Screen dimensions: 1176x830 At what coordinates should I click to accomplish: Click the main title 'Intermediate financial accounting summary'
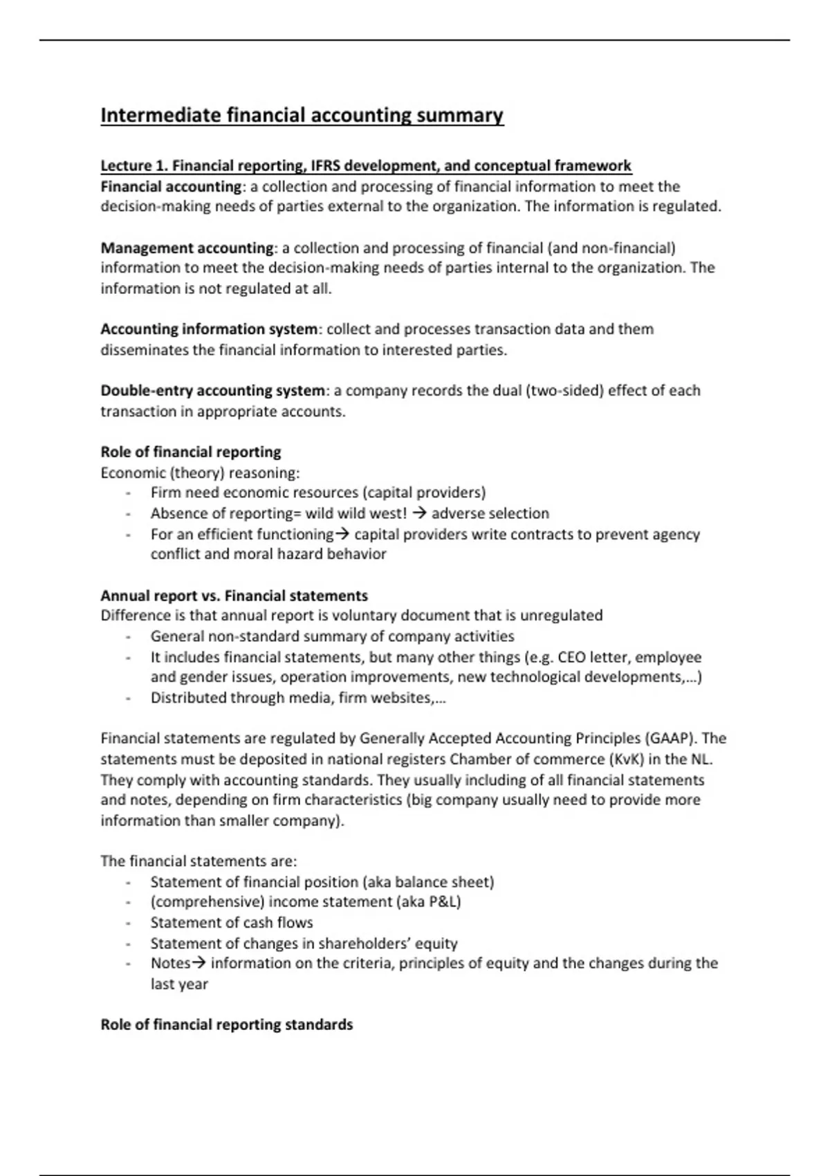coord(302,115)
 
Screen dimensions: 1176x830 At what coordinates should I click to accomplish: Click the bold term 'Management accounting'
coord(187,248)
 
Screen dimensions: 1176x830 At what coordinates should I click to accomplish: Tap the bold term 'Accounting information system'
coord(208,329)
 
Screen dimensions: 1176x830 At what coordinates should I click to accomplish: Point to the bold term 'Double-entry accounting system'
coord(212,391)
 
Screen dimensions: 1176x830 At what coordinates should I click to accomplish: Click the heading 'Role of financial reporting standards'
coord(226,1025)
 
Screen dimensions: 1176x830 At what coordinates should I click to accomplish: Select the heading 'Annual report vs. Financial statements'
coord(234,596)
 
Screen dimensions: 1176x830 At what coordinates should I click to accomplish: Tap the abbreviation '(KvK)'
coord(627,759)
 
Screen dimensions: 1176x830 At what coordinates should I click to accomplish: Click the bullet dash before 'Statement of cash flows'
coord(128,923)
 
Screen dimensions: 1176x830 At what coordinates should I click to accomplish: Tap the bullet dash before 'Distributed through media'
coord(128,698)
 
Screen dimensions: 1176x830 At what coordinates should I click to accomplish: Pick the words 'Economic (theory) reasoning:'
coord(200,473)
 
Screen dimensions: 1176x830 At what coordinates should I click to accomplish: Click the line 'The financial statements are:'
coord(199,861)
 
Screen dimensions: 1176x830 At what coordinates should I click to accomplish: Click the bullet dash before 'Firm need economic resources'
coord(128,493)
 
